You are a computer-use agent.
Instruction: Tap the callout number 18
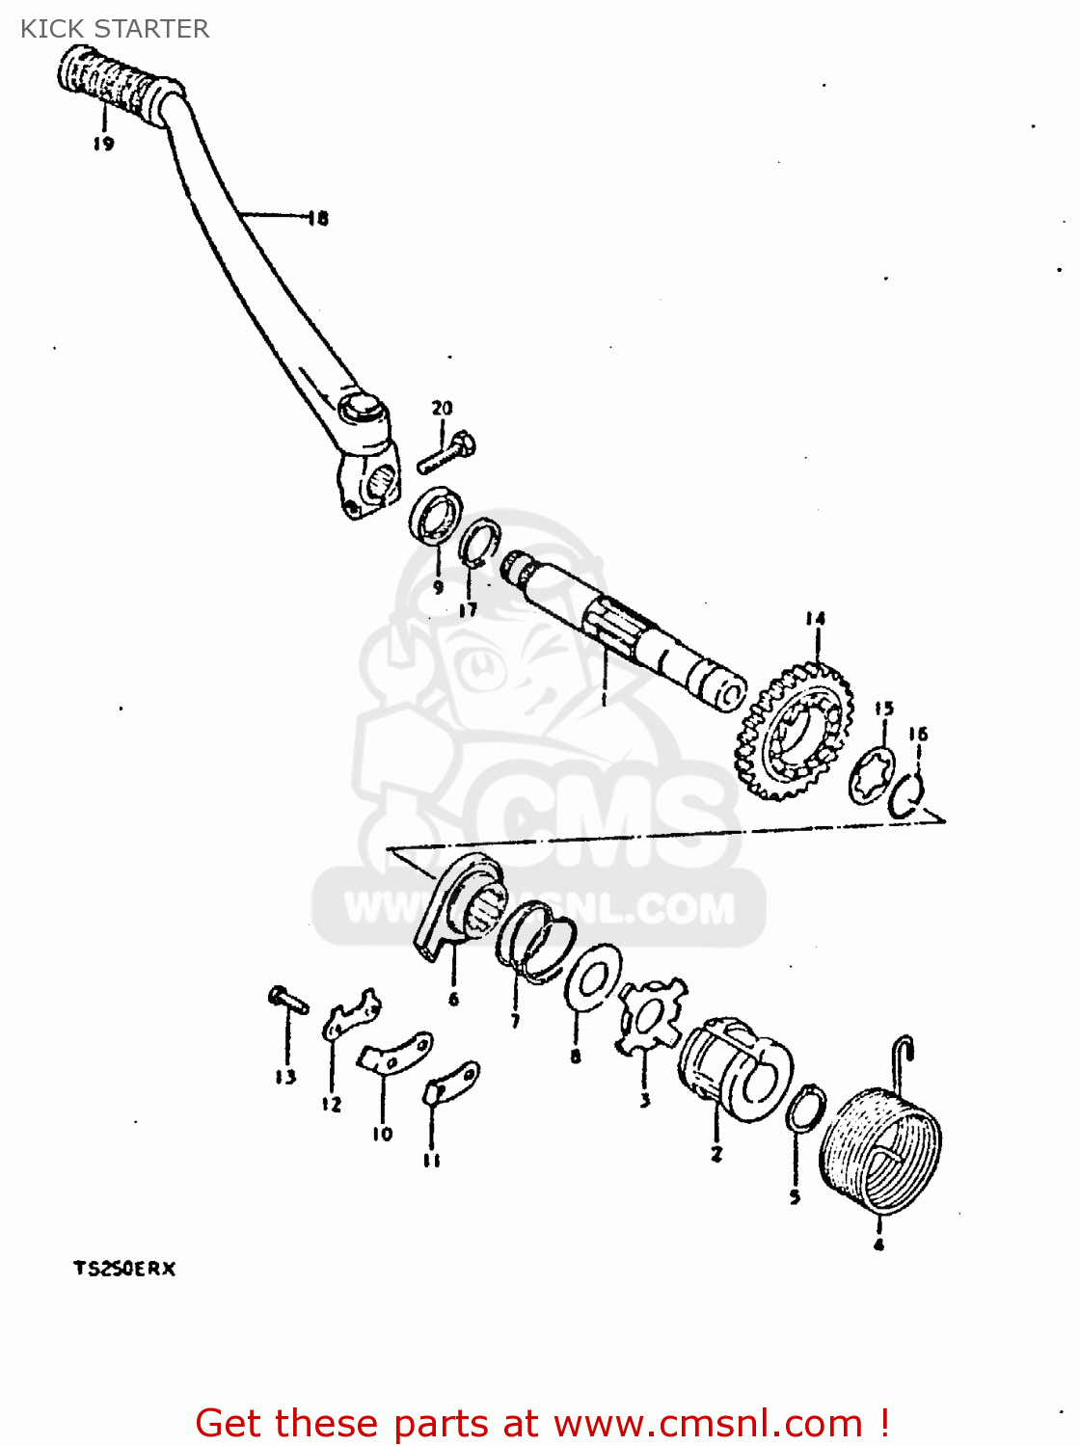(x=317, y=219)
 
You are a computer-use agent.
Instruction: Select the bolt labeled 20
(x=446, y=454)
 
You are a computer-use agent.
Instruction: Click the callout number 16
(x=918, y=735)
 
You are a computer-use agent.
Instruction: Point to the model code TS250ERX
(x=124, y=1269)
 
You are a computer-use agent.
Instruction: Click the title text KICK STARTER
(x=115, y=29)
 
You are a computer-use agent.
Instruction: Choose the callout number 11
(x=432, y=1161)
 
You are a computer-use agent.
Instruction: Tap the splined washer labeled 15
(x=872, y=777)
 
